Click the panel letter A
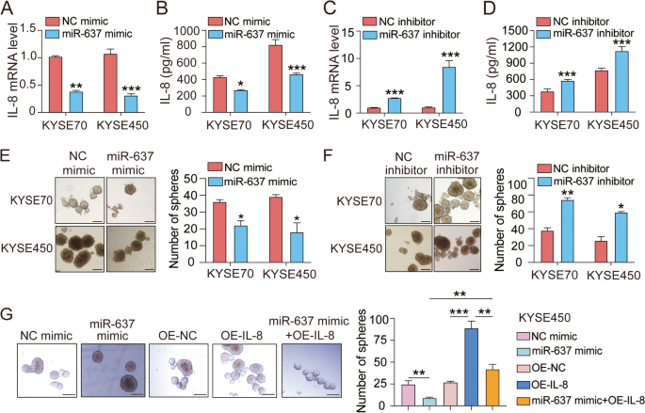coord(8,9)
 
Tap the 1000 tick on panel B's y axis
coord(201,30)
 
